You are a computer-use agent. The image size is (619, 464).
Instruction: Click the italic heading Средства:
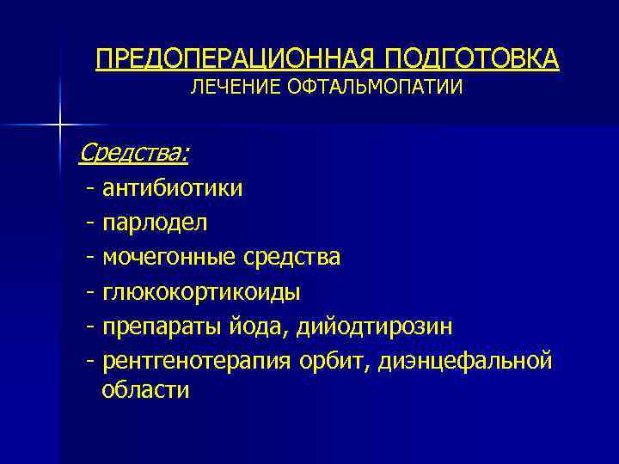point(134,153)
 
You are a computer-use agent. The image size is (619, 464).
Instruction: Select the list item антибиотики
point(172,187)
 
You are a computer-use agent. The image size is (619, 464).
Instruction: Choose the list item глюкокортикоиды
point(201,292)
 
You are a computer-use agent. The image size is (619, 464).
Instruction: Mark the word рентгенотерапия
point(191,362)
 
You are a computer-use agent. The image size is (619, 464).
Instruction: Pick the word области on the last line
point(144,389)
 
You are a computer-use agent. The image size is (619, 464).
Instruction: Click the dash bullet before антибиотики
point(89,188)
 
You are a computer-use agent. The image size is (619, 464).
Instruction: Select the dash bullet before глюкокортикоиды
point(89,293)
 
